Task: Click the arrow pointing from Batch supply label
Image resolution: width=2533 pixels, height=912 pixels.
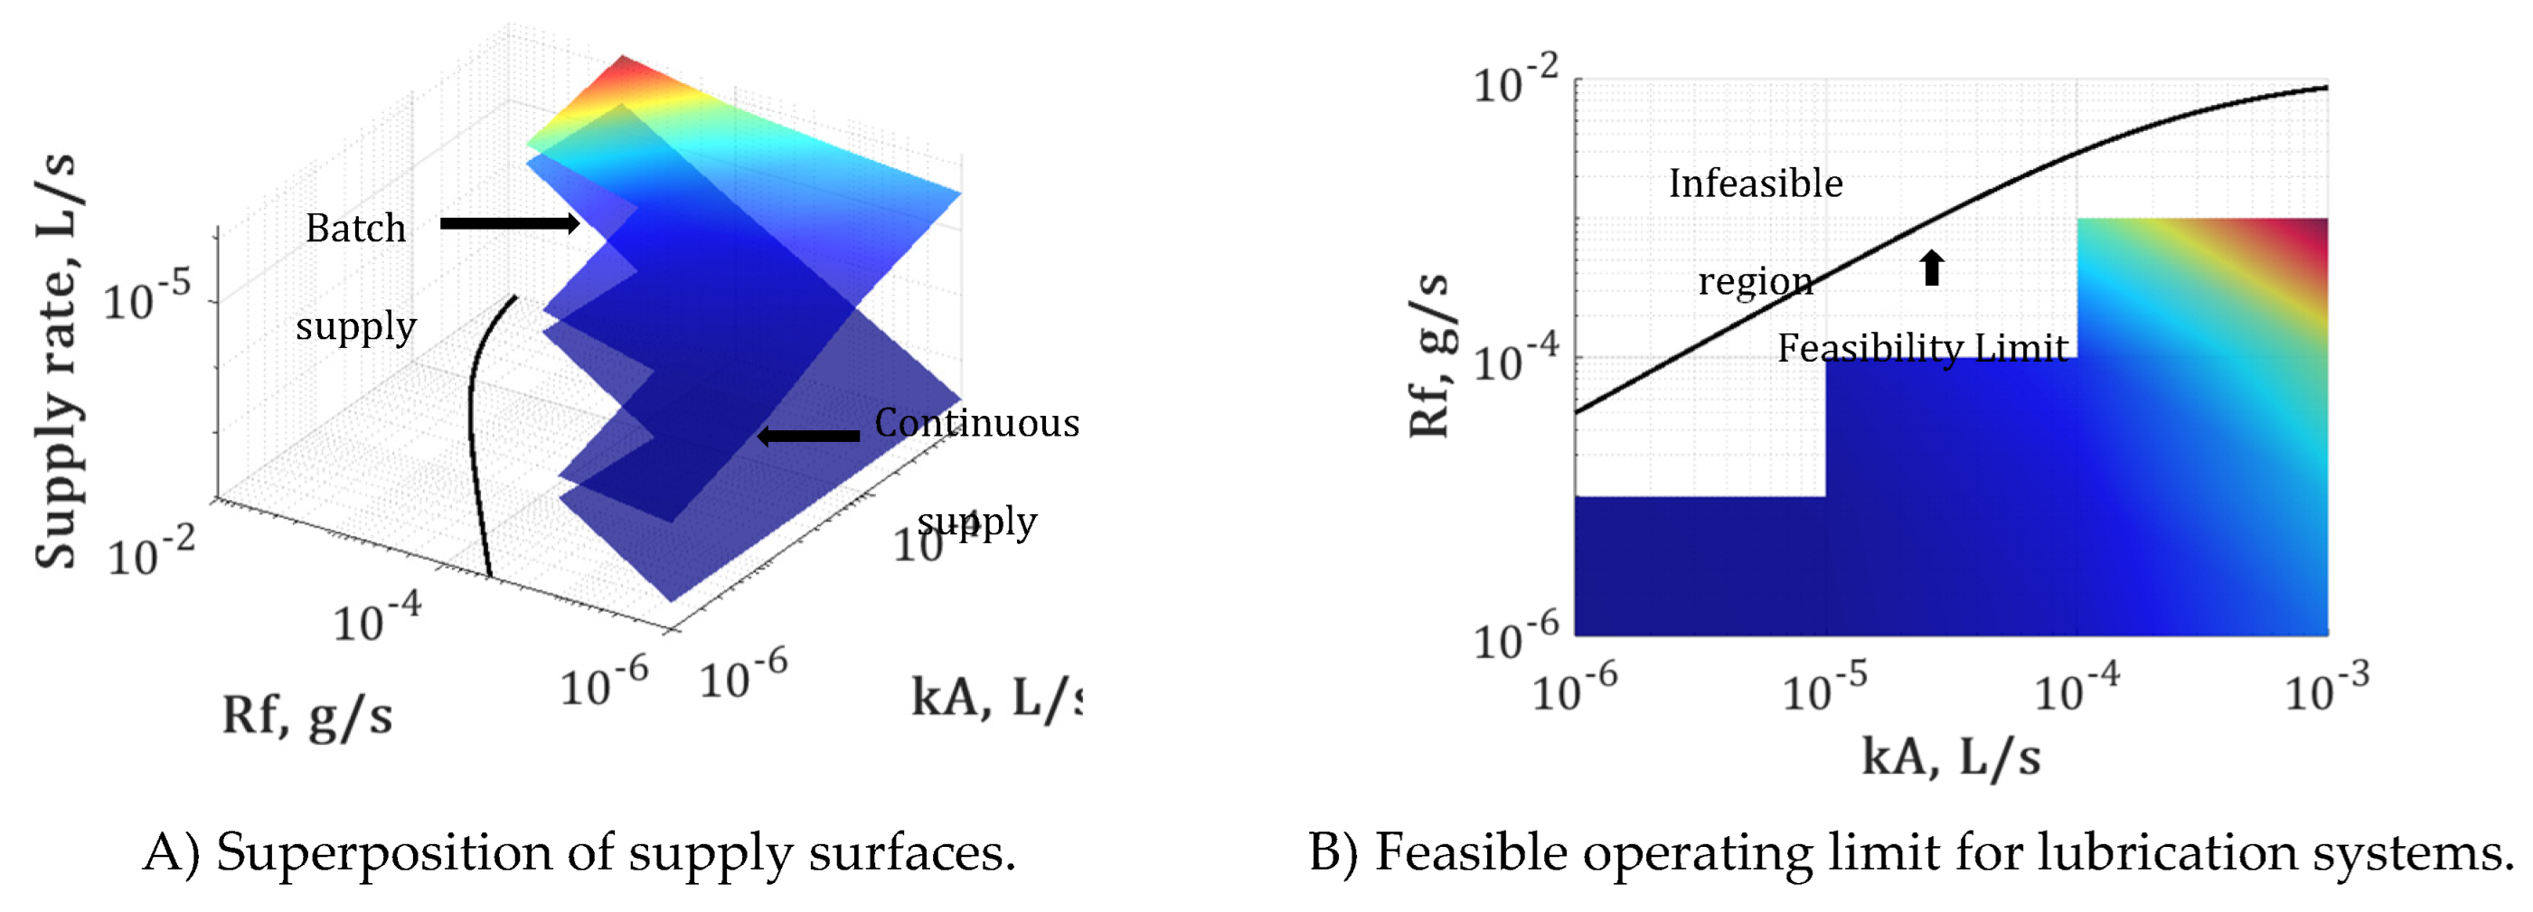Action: (x=509, y=224)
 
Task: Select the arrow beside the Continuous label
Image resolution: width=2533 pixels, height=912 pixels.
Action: (x=808, y=436)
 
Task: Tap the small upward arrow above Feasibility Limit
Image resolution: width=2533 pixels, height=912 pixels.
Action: (x=1932, y=268)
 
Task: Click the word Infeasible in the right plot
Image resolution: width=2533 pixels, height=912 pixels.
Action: (x=1756, y=183)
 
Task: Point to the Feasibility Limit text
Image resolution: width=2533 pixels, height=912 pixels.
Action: (x=1923, y=348)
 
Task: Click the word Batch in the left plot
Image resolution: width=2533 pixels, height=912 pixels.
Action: (x=355, y=228)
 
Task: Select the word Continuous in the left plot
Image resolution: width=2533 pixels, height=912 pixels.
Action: (x=976, y=423)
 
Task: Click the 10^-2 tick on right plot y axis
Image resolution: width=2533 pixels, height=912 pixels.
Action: (x=1515, y=82)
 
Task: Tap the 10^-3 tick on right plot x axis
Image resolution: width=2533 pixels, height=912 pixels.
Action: (x=2325, y=688)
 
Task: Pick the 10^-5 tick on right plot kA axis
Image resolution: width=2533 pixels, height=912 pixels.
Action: (x=1825, y=688)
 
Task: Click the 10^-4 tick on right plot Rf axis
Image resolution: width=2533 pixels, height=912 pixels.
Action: (x=1515, y=359)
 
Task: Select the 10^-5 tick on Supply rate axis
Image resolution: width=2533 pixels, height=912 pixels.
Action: (x=147, y=296)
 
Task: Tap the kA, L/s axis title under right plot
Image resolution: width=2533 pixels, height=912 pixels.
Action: (x=1951, y=757)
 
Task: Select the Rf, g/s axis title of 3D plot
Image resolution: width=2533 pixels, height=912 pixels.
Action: (x=306, y=714)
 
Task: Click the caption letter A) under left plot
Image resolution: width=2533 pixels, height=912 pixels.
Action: (x=172, y=852)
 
